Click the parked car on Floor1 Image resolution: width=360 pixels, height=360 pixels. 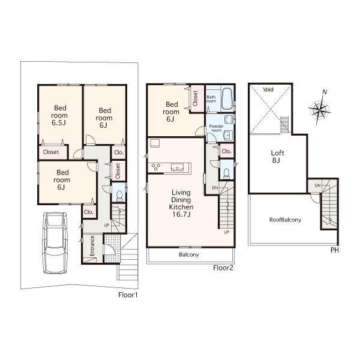point(56,242)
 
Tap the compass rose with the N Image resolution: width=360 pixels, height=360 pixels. point(319,110)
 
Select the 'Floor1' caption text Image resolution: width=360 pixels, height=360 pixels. point(129,295)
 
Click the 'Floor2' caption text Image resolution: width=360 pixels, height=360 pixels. point(223,268)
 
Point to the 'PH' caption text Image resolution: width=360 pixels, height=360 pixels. point(334,250)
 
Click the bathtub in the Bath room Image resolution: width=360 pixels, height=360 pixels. point(227,100)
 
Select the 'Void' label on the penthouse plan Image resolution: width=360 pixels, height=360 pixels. point(268,89)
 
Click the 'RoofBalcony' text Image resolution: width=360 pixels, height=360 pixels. point(285,220)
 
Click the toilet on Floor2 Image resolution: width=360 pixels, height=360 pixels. point(226,173)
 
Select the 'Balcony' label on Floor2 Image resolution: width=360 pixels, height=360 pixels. point(188,255)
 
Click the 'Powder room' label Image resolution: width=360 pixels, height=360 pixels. point(216,129)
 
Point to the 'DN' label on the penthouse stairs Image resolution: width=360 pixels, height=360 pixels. point(316,186)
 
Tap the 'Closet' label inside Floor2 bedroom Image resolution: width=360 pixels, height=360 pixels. point(196,98)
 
